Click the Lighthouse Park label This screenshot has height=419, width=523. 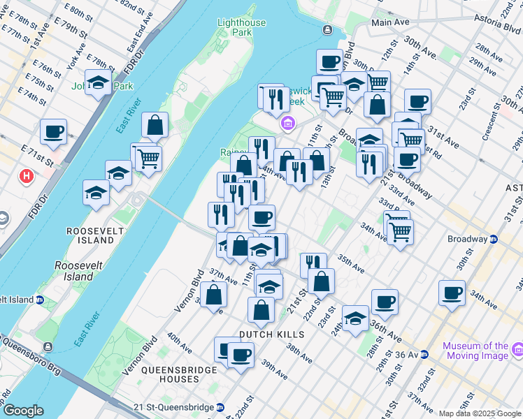tap(241, 27)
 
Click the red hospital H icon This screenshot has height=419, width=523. tap(27, 176)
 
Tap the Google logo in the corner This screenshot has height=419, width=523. tap(24, 410)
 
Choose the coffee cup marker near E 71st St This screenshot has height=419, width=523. tap(53, 131)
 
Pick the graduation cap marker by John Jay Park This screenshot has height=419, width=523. tap(98, 82)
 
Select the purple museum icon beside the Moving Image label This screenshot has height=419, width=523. tap(518, 348)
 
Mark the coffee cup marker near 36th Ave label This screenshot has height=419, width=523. tap(385, 302)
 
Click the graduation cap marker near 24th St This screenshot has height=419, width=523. tap(355, 318)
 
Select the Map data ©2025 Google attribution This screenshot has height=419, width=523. tap(479, 413)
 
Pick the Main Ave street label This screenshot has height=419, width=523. tap(390, 22)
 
